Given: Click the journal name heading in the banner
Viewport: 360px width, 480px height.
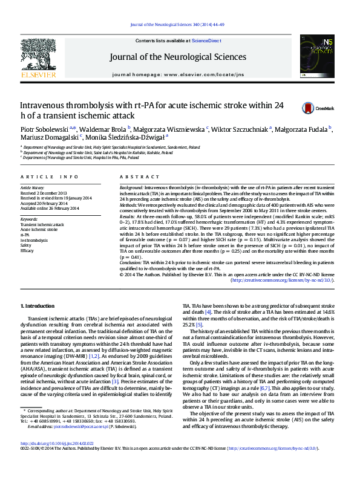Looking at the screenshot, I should click(178, 57).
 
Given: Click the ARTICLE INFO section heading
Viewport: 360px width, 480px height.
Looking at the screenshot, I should click(50, 177).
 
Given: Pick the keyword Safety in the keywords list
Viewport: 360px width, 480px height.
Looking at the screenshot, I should click(26, 245).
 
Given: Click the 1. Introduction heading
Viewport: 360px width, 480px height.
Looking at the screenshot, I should click(38, 306).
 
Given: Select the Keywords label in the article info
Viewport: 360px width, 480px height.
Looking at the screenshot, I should click(29, 219).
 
